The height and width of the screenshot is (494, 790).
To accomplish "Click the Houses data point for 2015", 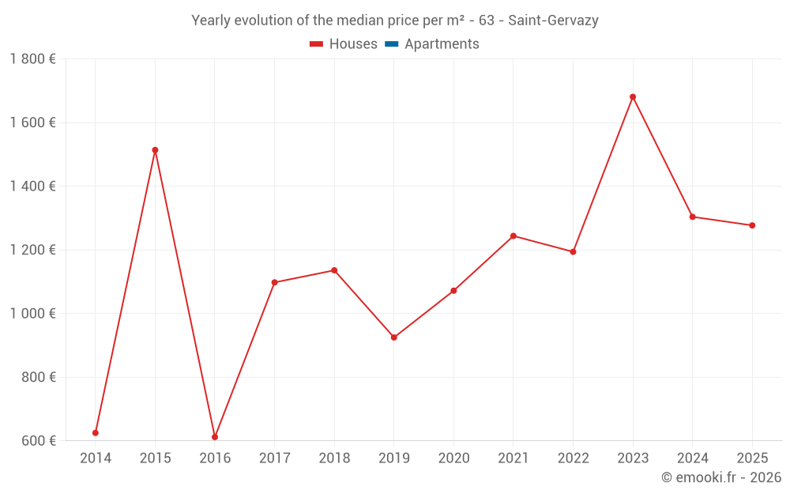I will pyautogui.click(x=155, y=150).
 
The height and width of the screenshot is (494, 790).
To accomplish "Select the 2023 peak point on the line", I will pyautogui.click(x=633, y=97).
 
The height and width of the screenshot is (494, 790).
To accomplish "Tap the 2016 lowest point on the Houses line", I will pyautogui.click(x=215, y=437).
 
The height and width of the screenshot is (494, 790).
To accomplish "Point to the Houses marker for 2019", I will pyautogui.click(x=394, y=338).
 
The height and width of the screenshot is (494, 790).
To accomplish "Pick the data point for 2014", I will pyautogui.click(x=96, y=433).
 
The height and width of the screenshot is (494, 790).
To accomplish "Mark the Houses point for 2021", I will pyautogui.click(x=513, y=236).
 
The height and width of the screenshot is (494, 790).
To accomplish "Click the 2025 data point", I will pyautogui.click(x=752, y=225).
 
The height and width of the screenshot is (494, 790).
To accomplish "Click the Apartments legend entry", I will pyautogui.click(x=442, y=44).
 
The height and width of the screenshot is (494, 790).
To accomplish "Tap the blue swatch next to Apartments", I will pyautogui.click(x=391, y=44).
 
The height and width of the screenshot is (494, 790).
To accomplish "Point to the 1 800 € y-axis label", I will pyautogui.click(x=32, y=59).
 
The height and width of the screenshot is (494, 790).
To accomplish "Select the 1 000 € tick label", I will pyautogui.click(x=32, y=314).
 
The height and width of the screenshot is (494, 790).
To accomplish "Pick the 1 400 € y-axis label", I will pyautogui.click(x=32, y=187).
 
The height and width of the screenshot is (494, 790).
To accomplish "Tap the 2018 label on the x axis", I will pyautogui.click(x=334, y=458).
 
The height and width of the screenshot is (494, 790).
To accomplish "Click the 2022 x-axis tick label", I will pyautogui.click(x=573, y=458).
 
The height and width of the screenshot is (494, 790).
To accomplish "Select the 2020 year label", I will pyautogui.click(x=453, y=458).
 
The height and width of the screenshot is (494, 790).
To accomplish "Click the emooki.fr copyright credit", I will pyautogui.click(x=721, y=477).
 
